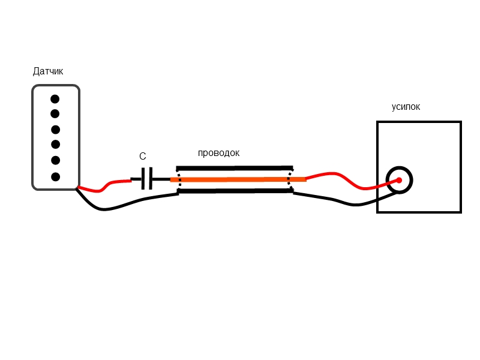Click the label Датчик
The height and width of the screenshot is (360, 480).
coord(48,71)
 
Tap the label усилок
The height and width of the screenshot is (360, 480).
coord(406,107)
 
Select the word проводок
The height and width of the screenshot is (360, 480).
coord(218,153)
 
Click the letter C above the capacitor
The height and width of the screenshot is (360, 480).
coord(142,157)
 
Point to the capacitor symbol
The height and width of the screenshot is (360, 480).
coord(146,178)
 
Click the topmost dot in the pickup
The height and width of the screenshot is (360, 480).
coord(55,99)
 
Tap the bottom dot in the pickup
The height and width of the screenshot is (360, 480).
coord(56,176)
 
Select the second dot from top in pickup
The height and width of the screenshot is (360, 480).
coord(55,113)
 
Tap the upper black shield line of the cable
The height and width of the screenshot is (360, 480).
coord(234,168)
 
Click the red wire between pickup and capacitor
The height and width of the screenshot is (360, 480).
coord(105,187)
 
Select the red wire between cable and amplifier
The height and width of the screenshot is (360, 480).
coord(342,178)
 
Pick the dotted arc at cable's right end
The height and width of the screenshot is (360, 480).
coord(291,179)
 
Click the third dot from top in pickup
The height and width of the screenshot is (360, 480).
coord(56,130)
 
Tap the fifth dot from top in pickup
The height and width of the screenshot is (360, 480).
coord(56,160)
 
